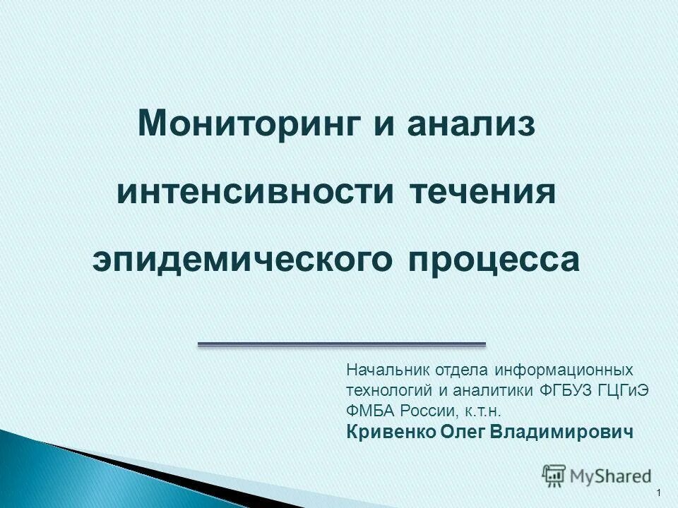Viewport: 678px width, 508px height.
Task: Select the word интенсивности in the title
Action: coord(255,193)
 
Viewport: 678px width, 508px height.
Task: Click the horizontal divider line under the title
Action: coord(342,344)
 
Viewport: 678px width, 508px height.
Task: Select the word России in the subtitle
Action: coord(424,411)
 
